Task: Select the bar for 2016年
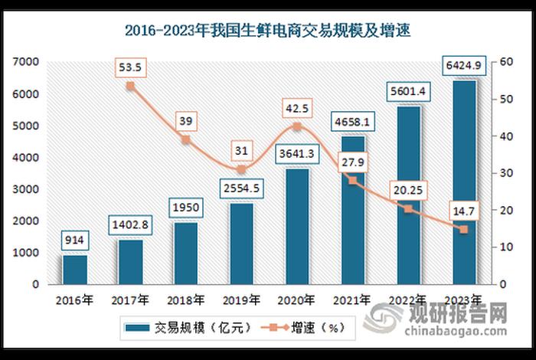(75, 269)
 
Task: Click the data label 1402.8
(130, 224)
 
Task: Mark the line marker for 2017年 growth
(130, 86)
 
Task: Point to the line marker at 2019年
(241, 169)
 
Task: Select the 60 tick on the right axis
(506, 61)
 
